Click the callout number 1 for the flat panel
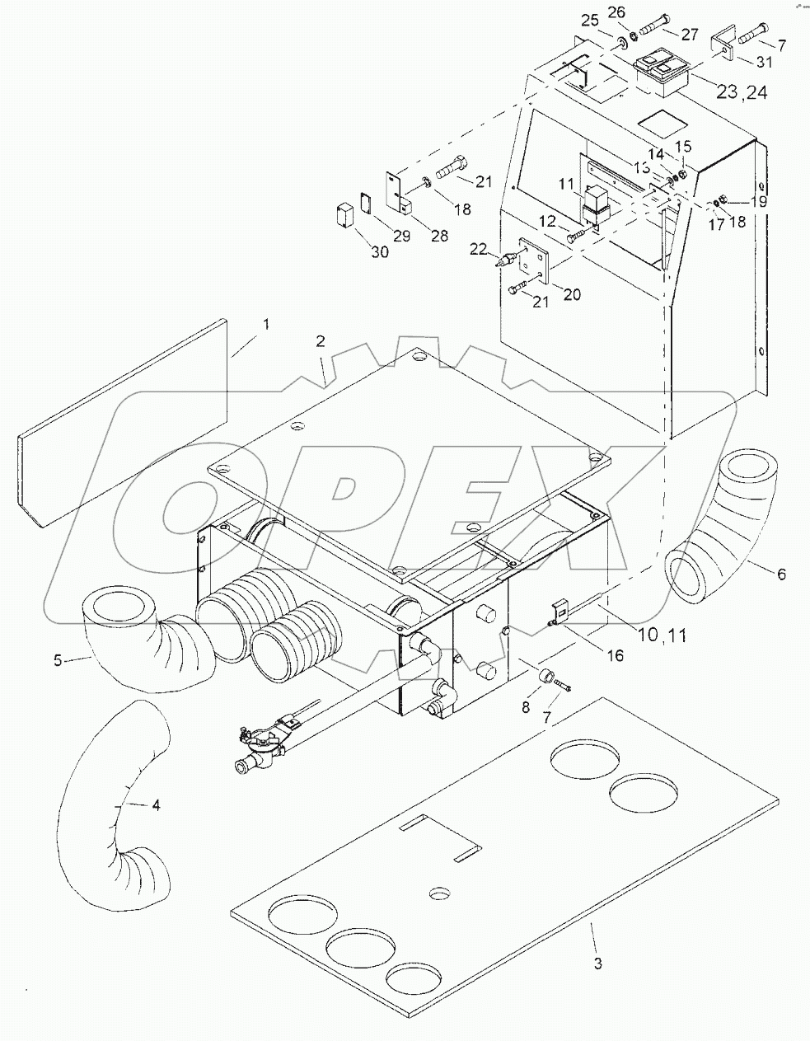coord(265,326)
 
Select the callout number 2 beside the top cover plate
coord(320,342)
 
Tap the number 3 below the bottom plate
coord(598,962)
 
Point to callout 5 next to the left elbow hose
coord(58,661)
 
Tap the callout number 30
coord(379,252)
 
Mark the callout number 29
coord(400,237)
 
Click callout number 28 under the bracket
coord(439,237)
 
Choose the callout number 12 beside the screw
coord(548,221)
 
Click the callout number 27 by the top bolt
coord(690,34)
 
